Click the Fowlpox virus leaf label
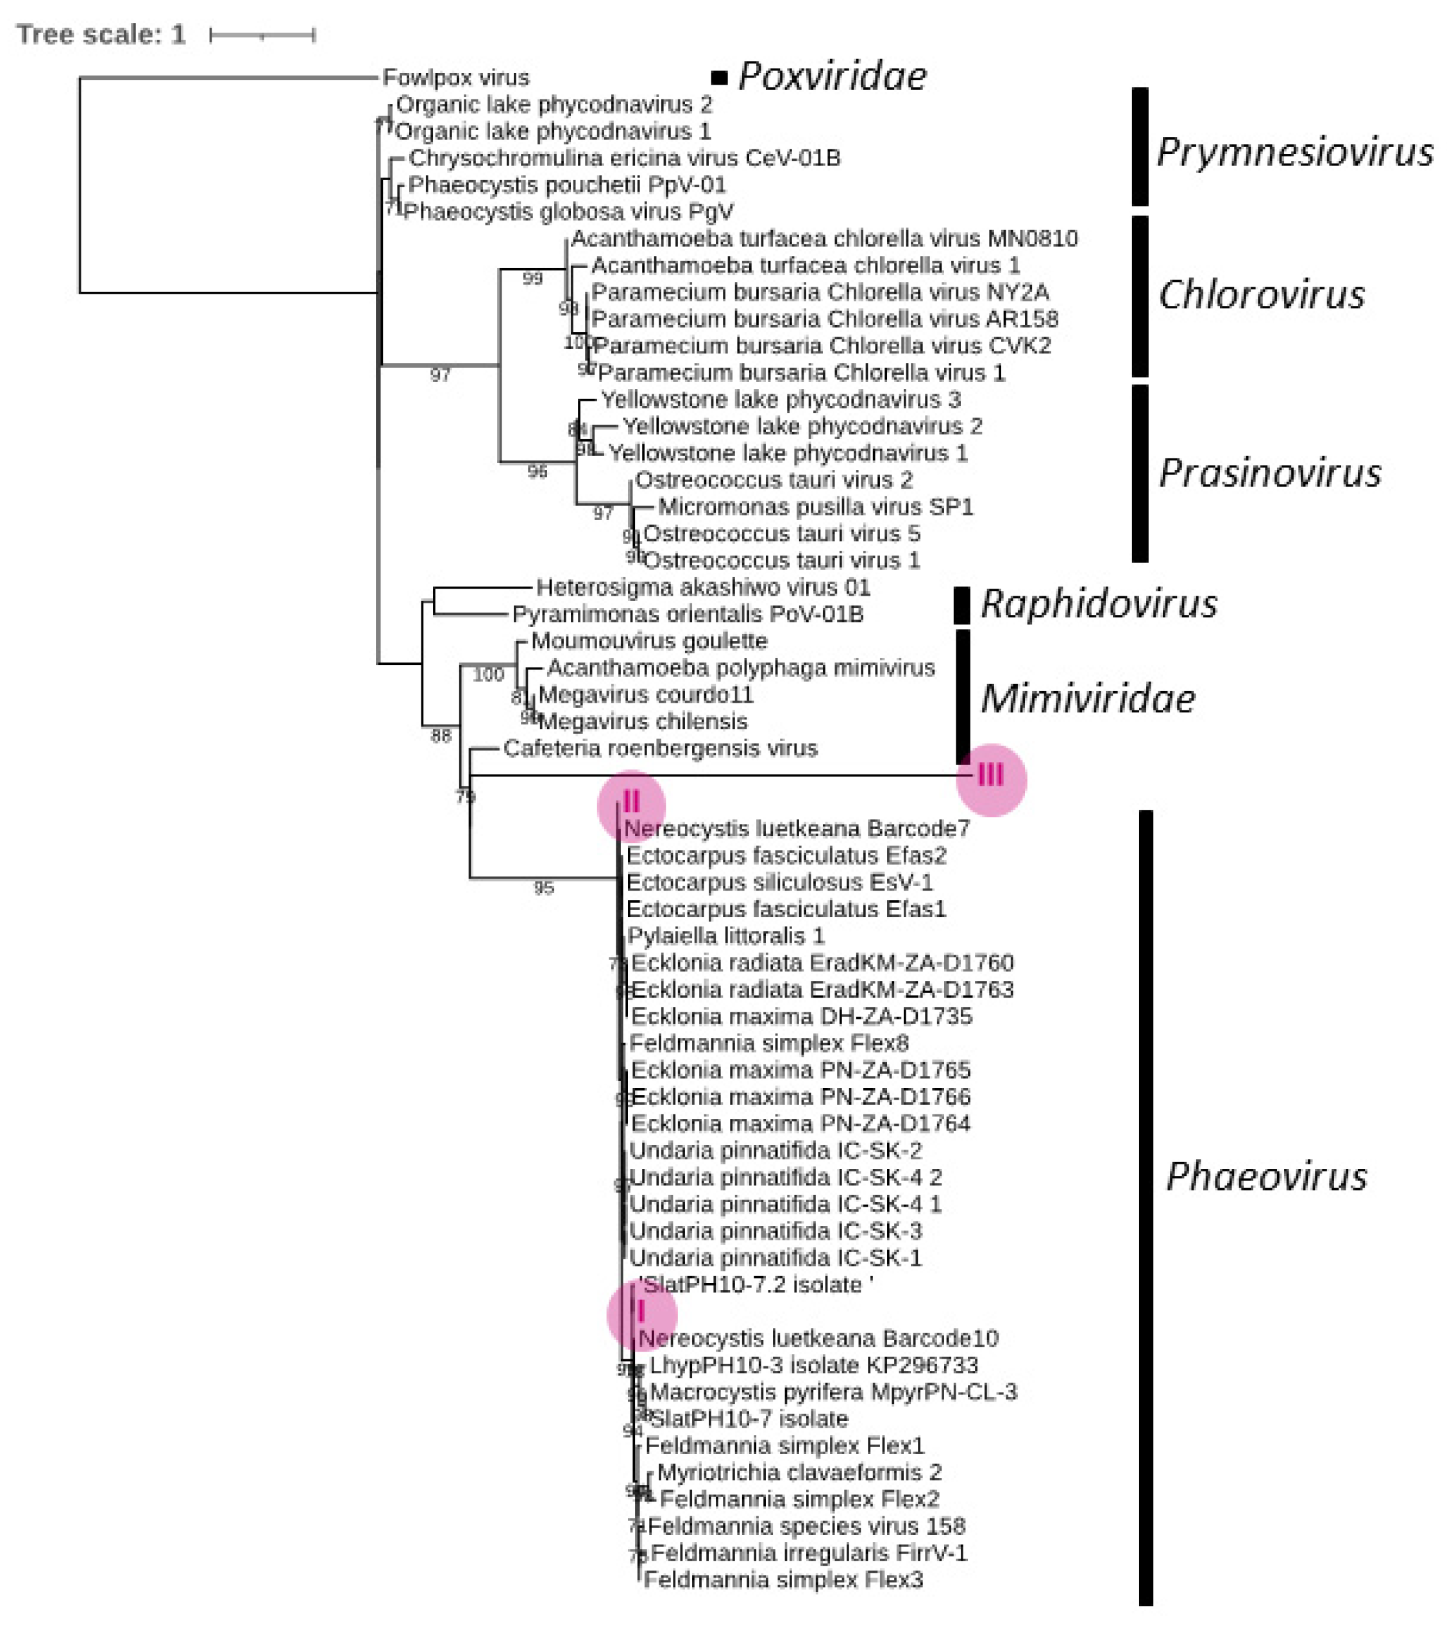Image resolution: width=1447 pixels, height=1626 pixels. point(455,78)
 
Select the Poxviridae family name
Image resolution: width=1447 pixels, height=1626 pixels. point(832,77)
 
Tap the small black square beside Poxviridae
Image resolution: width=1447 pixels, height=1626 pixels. point(720,78)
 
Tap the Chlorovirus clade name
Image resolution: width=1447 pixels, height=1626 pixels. point(1262,295)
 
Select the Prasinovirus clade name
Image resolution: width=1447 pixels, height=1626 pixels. point(1269,473)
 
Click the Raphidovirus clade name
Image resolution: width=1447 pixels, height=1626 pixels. point(1098,605)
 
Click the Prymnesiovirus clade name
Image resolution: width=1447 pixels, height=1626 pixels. point(1294,152)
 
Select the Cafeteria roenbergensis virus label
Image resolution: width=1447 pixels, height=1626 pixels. point(660,749)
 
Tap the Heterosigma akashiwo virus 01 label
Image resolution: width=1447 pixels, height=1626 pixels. point(703,588)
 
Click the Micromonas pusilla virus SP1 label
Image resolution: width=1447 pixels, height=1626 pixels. point(815,507)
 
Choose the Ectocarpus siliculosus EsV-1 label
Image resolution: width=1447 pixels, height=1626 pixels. point(779,882)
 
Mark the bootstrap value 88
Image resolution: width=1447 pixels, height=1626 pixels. point(440,736)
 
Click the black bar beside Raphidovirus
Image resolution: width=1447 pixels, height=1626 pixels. point(961,605)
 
